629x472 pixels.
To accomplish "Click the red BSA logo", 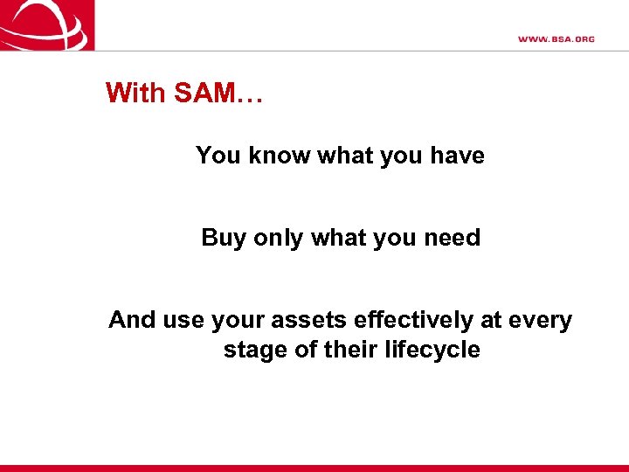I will [x=47, y=24].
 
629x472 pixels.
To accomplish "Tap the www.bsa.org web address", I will [x=556, y=39].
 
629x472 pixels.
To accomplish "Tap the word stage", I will [x=253, y=350].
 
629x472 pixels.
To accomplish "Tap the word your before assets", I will [x=233, y=320].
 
